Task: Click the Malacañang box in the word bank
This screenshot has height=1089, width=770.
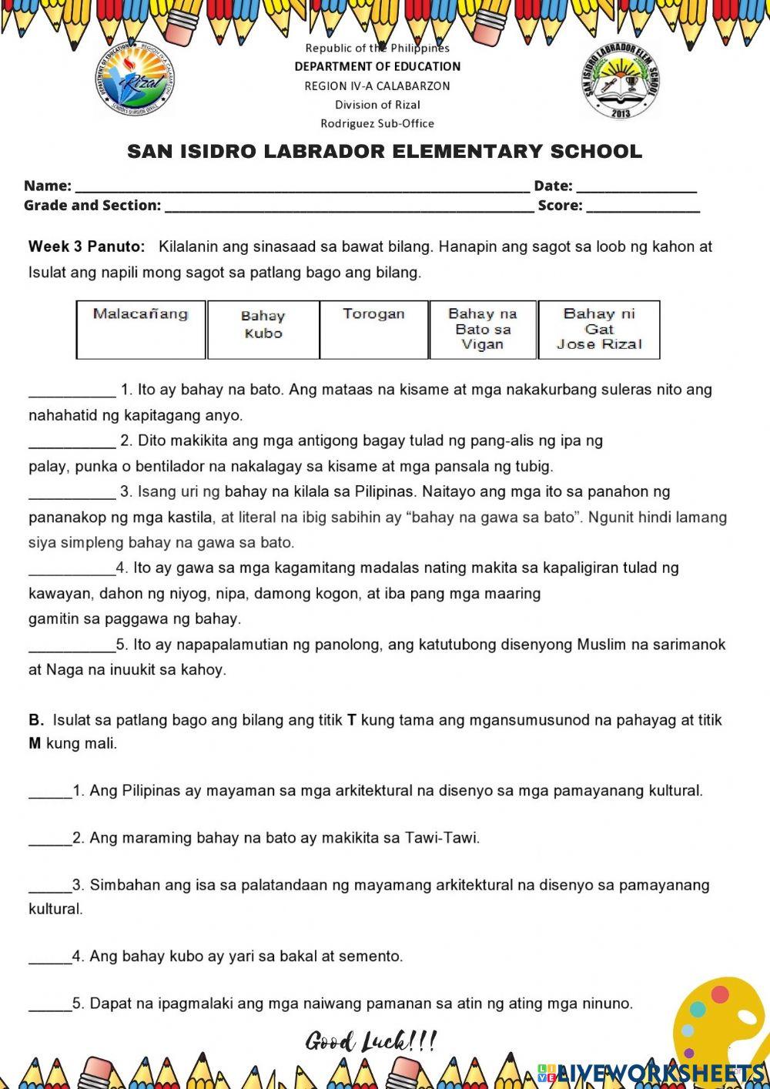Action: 141,330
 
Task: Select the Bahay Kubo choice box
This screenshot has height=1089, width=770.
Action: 263,330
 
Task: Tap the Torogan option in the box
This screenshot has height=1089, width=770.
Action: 373,330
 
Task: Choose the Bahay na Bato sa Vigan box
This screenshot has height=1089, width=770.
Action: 483,330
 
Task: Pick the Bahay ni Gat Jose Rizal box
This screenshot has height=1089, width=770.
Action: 599,330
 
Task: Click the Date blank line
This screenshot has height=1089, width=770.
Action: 636,187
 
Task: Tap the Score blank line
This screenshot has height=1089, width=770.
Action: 643,207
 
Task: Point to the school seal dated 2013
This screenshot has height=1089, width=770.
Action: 621,82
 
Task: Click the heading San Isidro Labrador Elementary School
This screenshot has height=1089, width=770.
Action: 384,152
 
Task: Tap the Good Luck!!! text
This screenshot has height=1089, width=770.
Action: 371,1042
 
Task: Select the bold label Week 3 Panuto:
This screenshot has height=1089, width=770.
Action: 86,246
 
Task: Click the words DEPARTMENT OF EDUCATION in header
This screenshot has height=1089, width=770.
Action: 377,67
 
